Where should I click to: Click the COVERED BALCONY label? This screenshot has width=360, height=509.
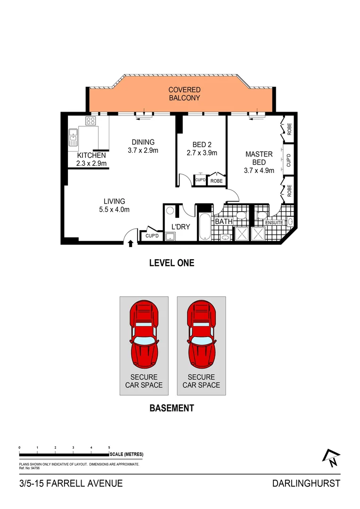pyautogui.click(x=184, y=94)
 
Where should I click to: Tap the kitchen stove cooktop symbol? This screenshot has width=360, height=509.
pyautogui.click(x=90, y=121)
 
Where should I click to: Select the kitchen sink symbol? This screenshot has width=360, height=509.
pyautogui.click(x=73, y=136)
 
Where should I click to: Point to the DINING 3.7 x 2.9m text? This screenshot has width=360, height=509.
pyautogui.click(x=142, y=147)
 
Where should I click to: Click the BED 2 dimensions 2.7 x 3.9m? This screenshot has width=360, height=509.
pyautogui.click(x=201, y=153)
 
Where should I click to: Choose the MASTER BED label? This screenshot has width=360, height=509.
pyautogui.click(x=259, y=162)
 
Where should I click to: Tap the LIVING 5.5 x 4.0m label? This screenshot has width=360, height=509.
pyautogui.click(x=114, y=205)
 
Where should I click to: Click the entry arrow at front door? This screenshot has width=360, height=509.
pyautogui.click(x=131, y=243)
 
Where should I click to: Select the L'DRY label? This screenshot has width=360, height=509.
pyautogui.click(x=180, y=227)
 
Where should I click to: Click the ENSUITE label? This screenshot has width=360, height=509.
pyautogui.click(x=274, y=222)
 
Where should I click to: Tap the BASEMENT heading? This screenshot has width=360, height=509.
pyautogui.click(x=172, y=408)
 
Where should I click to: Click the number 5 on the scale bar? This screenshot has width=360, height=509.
pyautogui.click(x=109, y=447)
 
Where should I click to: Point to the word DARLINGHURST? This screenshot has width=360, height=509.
pyautogui.click(x=306, y=483)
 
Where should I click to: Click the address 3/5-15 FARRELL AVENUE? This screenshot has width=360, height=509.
pyautogui.click(x=71, y=483)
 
